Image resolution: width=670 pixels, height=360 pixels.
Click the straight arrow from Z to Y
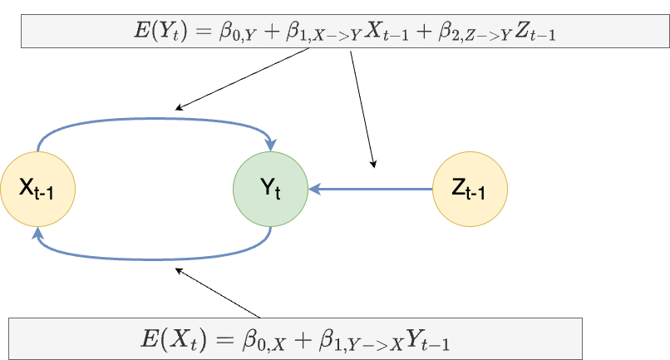coord(374,189)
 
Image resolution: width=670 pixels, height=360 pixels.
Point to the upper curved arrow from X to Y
coord(154,119)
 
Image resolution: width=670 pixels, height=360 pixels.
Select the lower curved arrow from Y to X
coord(154,259)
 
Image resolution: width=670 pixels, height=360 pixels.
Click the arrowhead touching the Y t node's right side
coord(315,189)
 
